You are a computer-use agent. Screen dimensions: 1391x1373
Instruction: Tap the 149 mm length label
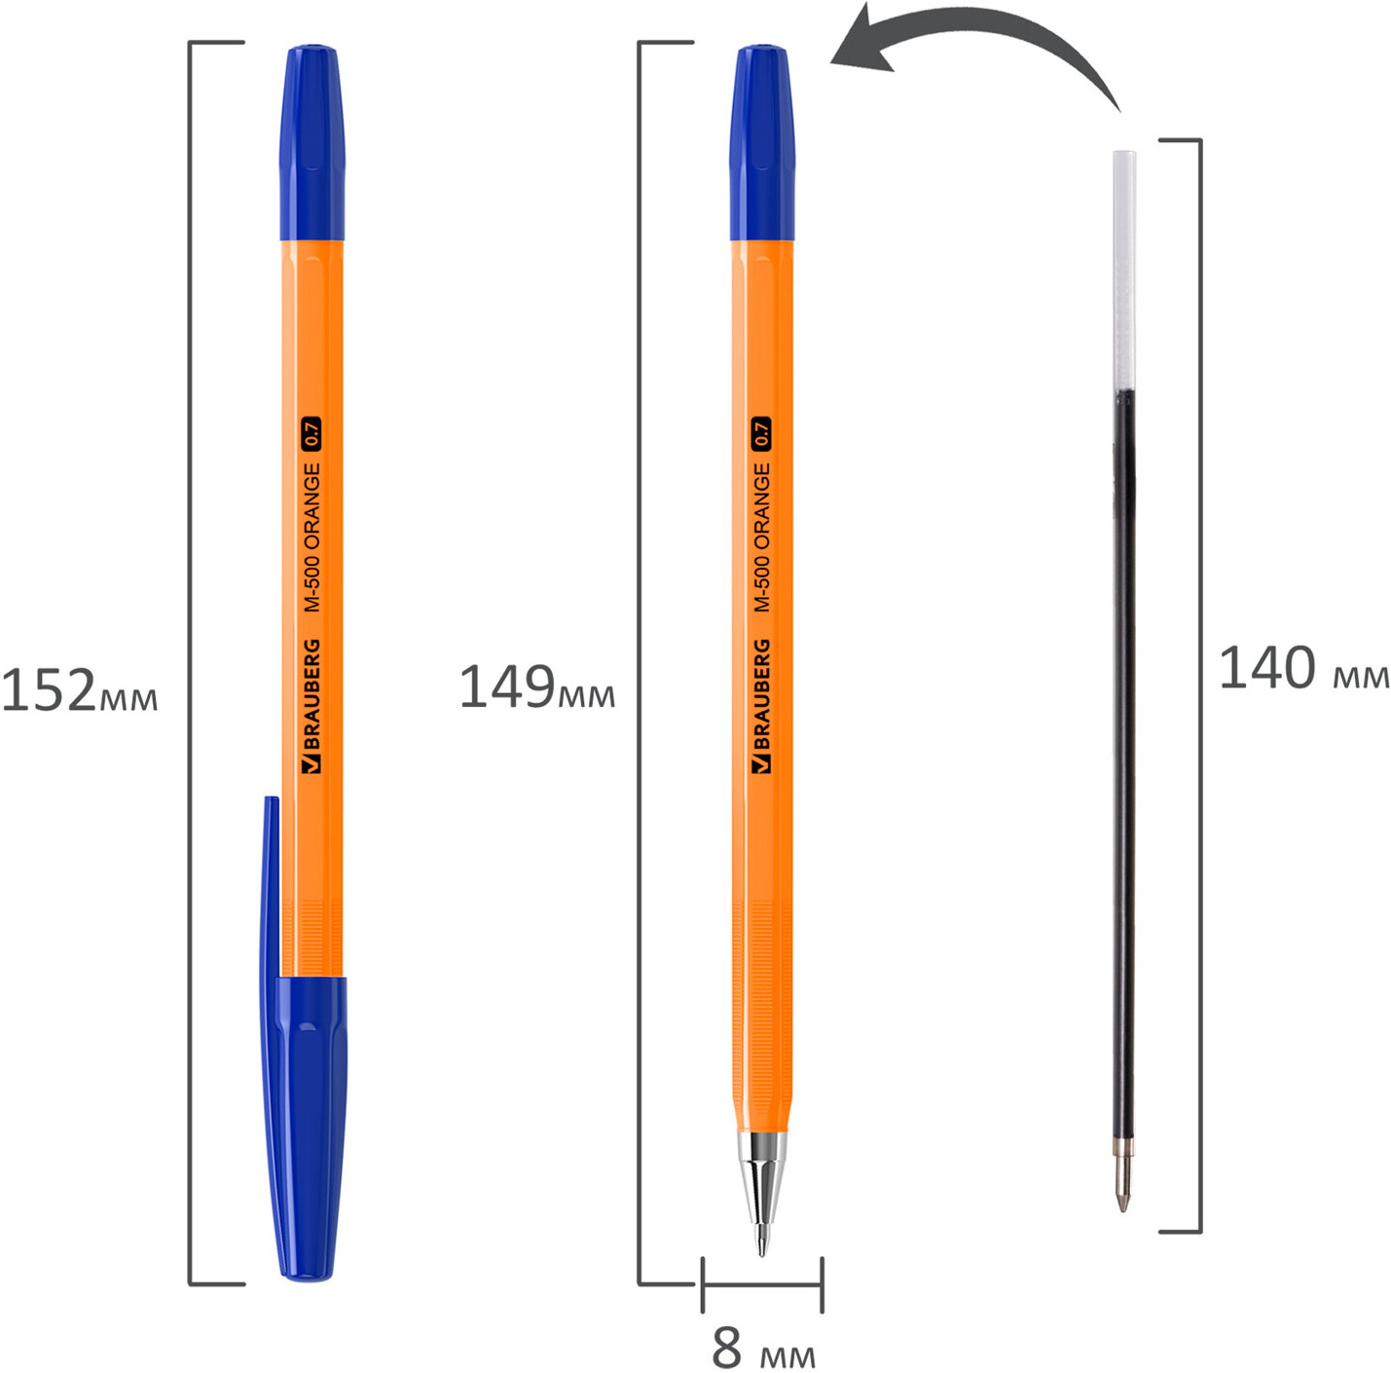click(x=537, y=686)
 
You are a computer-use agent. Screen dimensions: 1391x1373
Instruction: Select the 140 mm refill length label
click(x=1303, y=668)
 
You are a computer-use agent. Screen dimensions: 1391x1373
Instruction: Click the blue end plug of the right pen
click(x=762, y=142)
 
